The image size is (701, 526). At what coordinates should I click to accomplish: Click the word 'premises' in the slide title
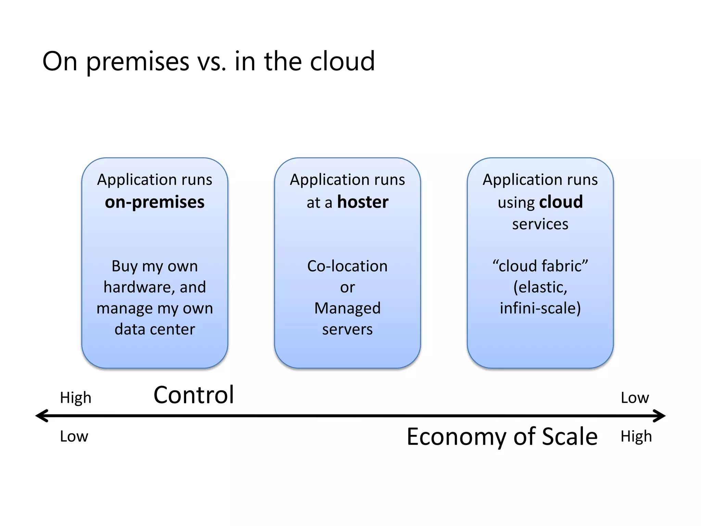pos(138,62)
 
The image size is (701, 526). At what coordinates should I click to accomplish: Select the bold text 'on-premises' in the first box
pos(155,202)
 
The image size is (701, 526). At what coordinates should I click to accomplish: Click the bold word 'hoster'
pos(363,202)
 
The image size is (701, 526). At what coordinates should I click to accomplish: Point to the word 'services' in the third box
pos(540,224)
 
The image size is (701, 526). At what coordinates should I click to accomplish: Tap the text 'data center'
pos(155,329)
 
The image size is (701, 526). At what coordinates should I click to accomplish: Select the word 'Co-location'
pos(347,266)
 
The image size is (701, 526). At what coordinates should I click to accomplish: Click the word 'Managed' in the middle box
pos(347,308)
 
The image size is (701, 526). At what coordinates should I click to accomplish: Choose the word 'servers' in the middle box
pos(347,329)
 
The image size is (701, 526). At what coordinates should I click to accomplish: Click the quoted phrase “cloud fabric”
pos(540,266)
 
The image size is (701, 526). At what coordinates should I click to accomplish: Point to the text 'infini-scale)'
pos(540,308)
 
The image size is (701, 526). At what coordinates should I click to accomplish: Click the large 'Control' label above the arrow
pos(194,395)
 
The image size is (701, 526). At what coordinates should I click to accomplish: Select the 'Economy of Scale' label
pos(502,437)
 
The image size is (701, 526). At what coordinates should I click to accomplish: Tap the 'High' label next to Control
pos(76,398)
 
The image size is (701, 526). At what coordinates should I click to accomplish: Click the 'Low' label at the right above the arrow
pos(635,398)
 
